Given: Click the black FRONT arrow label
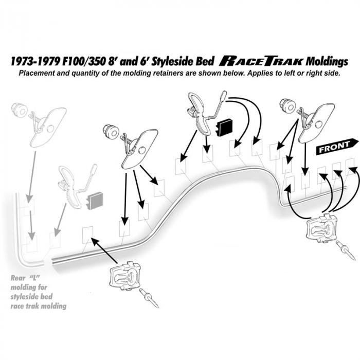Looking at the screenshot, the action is [x=337, y=147].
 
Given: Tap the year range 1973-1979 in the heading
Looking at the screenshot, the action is [x=34, y=61].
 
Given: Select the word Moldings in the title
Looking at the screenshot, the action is [x=327, y=62].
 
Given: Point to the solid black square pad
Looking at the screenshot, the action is [x=224, y=127].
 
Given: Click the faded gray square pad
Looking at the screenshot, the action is [x=95, y=201].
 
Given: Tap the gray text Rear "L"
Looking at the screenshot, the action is [x=25, y=278].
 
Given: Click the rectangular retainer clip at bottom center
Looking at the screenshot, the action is [x=125, y=276].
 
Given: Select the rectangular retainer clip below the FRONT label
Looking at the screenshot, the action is [x=322, y=229].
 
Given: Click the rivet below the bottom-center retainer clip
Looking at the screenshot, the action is [x=149, y=298].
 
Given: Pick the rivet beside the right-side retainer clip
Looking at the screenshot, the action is [x=346, y=250].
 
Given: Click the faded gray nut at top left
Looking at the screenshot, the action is [x=19, y=111].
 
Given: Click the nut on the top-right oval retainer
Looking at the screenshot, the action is [x=287, y=106].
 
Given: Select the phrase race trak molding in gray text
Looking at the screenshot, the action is [x=39, y=307].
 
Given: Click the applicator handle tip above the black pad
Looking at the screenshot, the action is [x=223, y=94].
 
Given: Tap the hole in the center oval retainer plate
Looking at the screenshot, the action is [x=142, y=150].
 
